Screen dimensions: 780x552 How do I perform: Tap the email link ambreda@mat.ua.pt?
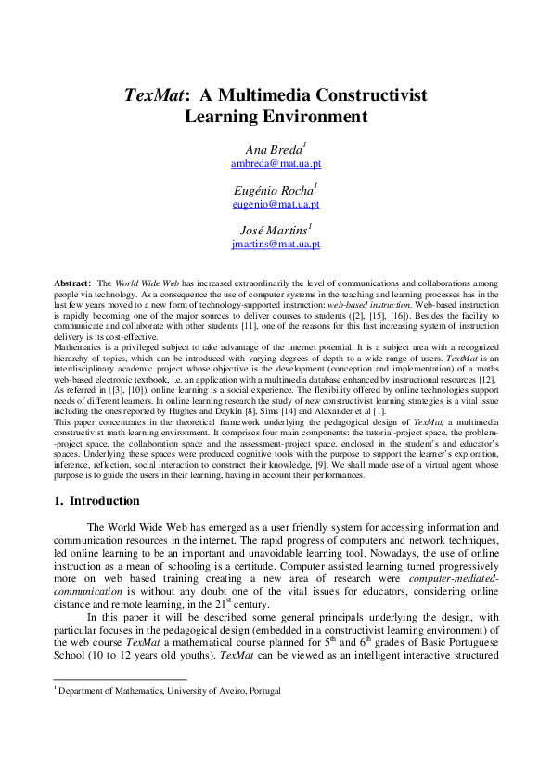275,163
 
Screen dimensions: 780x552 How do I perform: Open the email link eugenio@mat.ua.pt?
275,204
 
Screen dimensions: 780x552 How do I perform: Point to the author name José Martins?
275,231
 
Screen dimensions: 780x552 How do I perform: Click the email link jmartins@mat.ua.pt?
275,244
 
